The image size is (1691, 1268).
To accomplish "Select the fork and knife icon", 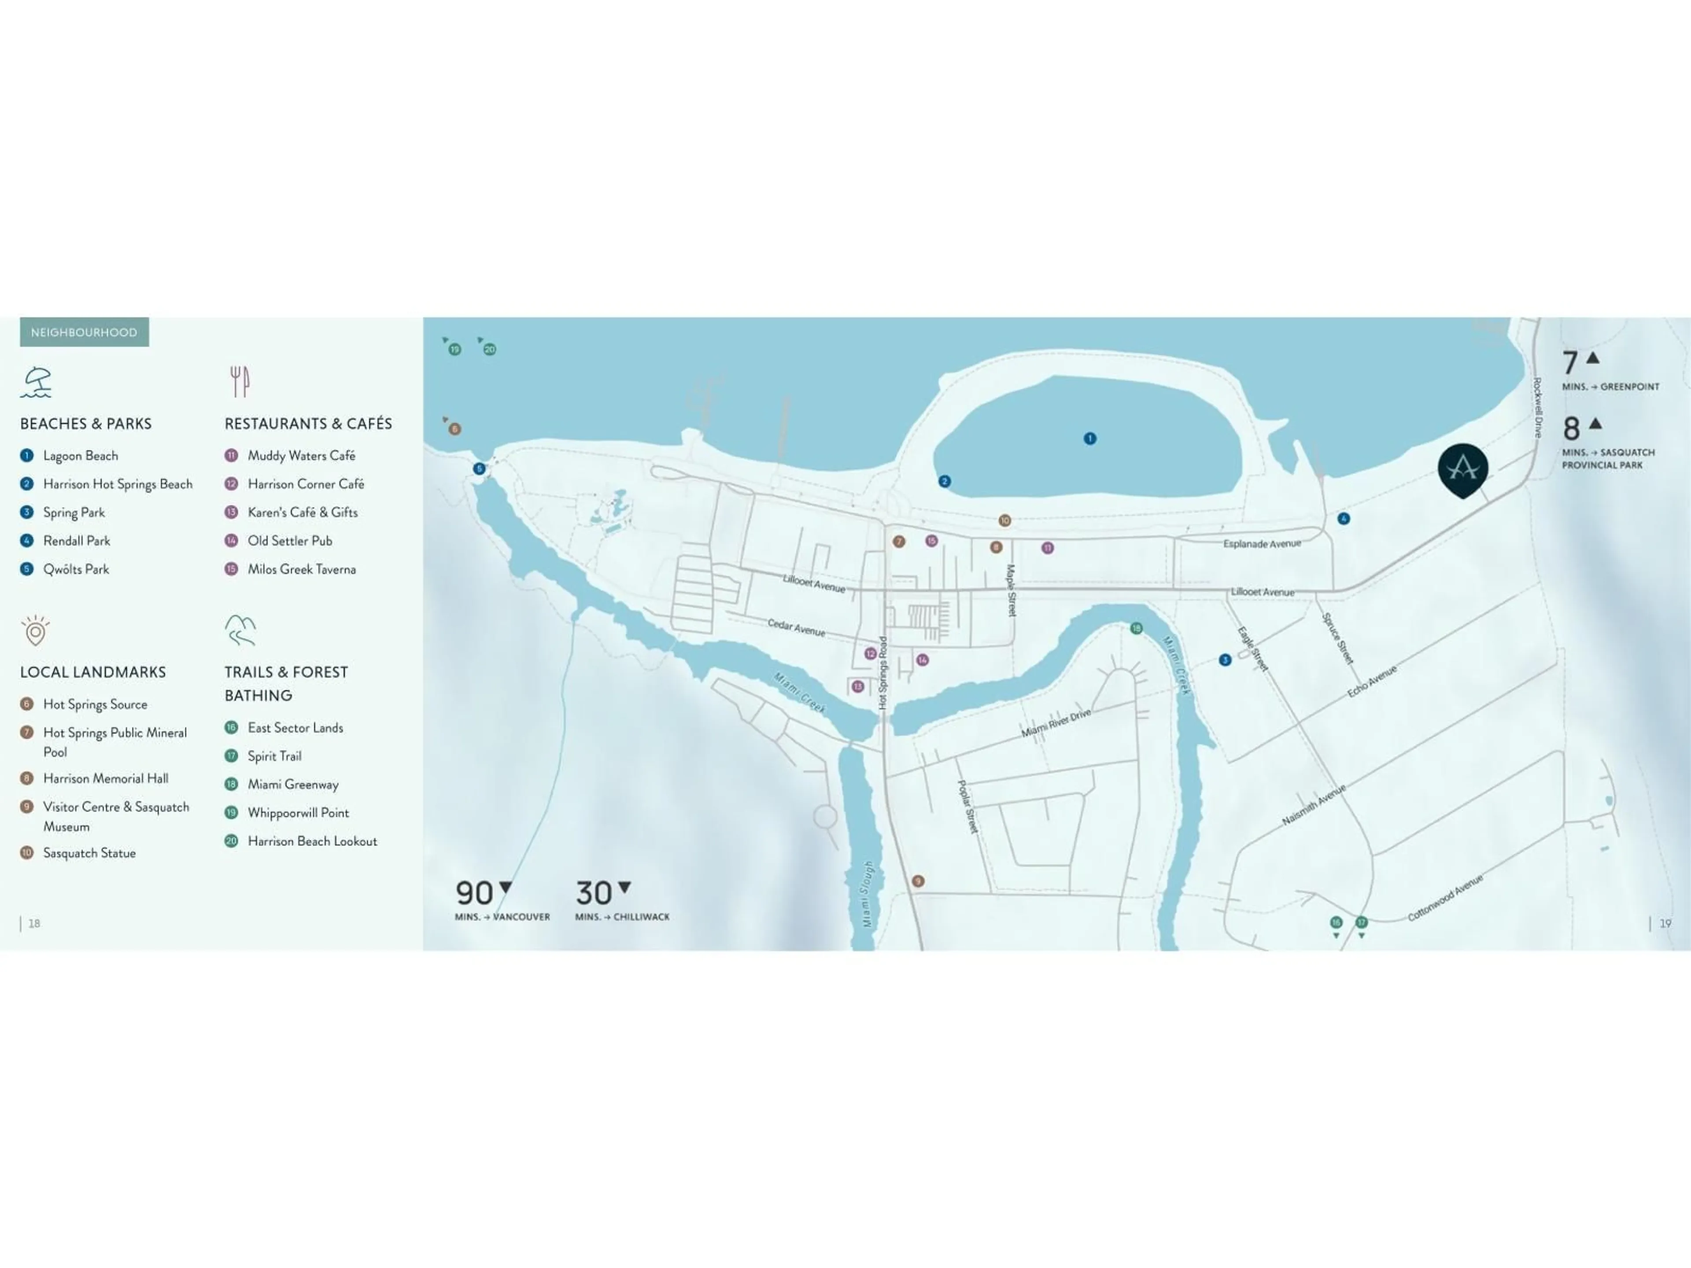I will (239, 381).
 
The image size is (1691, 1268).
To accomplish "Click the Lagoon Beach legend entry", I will (80, 456).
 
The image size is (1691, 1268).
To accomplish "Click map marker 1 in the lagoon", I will (1090, 438).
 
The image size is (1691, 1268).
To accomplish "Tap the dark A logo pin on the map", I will (1462, 468).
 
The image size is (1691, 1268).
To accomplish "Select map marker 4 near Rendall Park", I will (1343, 518).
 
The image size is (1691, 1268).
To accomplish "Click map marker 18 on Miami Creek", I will (1136, 628).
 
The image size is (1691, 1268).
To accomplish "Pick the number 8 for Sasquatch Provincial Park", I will (1571, 429).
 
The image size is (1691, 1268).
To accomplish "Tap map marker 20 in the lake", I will (489, 349).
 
